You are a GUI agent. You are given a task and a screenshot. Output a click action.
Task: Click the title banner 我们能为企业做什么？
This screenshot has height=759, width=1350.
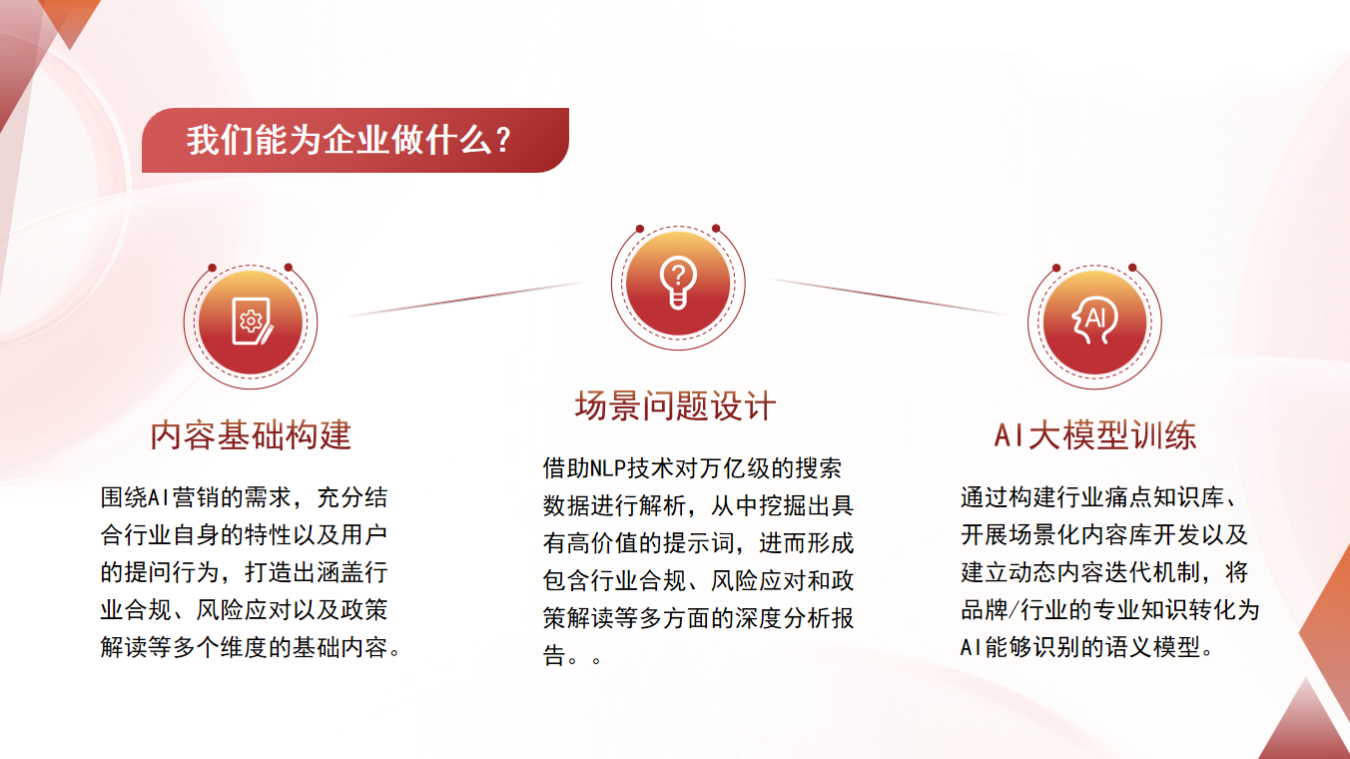pos(354,141)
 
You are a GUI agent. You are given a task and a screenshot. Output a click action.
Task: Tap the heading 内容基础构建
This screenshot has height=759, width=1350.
pos(251,435)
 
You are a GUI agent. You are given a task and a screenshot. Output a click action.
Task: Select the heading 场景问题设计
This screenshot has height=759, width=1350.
pos(675,406)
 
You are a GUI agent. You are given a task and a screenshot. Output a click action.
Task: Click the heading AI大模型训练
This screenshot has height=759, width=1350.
pos(1094,435)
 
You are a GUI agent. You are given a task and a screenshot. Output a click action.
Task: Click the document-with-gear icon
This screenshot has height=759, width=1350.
pos(251,322)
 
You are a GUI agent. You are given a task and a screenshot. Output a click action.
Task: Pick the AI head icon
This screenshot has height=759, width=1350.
pos(1094,322)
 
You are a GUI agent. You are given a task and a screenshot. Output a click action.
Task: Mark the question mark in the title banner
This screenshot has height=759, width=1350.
pos(504,141)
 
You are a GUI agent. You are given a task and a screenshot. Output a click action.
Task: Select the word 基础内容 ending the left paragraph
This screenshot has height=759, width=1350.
pos(337,647)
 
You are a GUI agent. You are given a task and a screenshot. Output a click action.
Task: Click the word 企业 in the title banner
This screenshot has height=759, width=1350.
pos(356,141)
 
